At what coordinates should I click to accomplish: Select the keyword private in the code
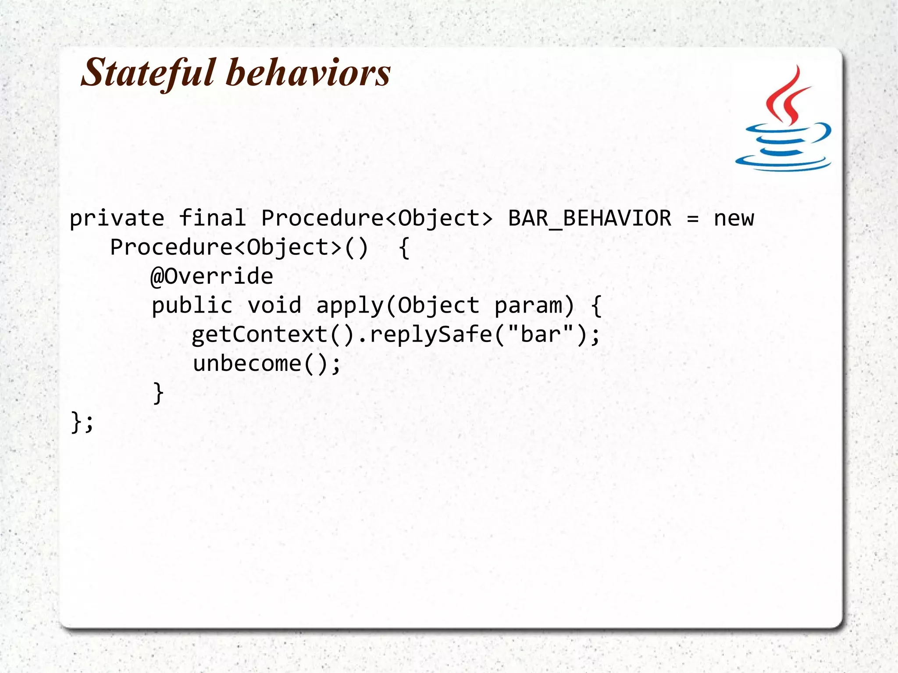click(x=117, y=218)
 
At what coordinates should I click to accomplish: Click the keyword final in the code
click(x=212, y=218)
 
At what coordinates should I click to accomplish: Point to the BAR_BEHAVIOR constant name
click(x=589, y=218)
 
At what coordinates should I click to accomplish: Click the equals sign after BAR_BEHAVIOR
click(x=692, y=218)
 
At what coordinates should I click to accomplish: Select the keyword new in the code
click(x=734, y=218)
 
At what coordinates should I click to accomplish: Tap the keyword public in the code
click(x=192, y=306)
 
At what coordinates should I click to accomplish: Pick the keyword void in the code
click(x=274, y=306)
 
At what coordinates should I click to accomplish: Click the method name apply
click(x=350, y=306)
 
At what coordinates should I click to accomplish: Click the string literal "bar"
click(x=541, y=335)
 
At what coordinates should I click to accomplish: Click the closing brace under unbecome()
click(x=158, y=392)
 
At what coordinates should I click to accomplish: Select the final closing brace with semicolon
click(x=82, y=422)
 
